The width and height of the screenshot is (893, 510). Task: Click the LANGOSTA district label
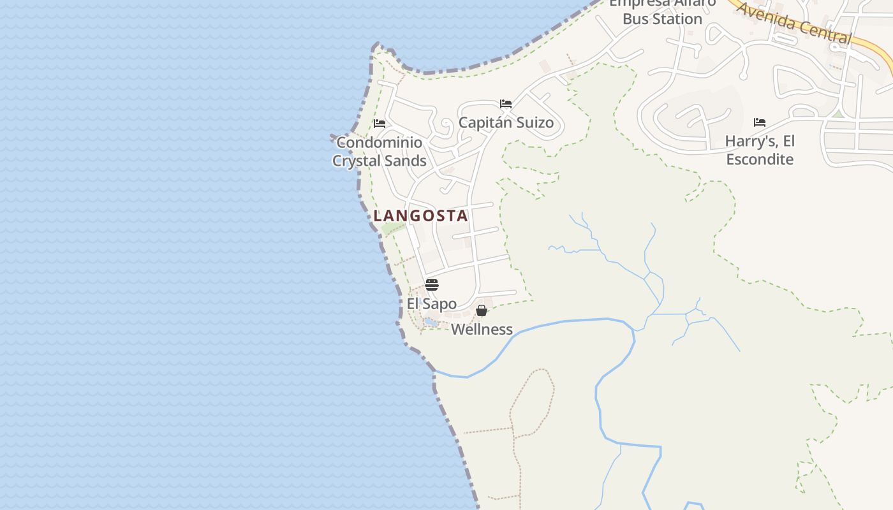coord(421,215)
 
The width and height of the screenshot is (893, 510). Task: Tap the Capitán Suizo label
coord(506,122)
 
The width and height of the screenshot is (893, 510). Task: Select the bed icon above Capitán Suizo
coord(506,103)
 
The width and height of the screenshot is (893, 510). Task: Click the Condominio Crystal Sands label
coord(379,151)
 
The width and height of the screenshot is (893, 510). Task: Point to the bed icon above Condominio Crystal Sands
coord(380,123)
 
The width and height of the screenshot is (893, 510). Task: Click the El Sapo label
coord(432,303)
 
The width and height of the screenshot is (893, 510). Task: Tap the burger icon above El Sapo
coord(432,284)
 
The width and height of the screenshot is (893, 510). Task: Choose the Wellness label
coord(482,329)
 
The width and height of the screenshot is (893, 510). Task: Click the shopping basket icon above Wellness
coord(482,310)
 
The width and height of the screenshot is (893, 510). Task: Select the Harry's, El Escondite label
coord(760,150)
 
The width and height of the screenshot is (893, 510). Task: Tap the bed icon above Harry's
coord(759,122)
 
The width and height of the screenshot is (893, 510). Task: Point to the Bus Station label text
coord(662,18)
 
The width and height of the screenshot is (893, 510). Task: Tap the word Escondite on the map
coord(760,159)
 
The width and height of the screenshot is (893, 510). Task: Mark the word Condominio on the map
coord(379,142)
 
